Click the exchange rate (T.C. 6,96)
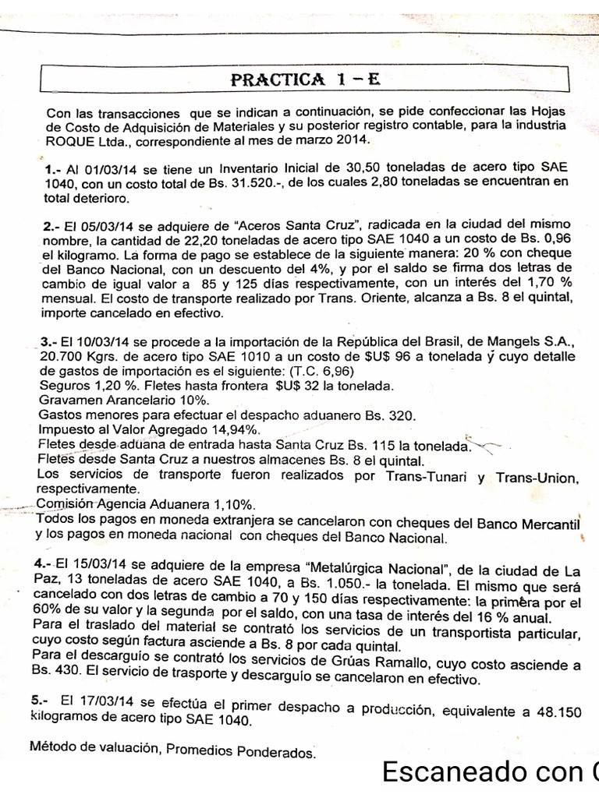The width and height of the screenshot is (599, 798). coord(316,372)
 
